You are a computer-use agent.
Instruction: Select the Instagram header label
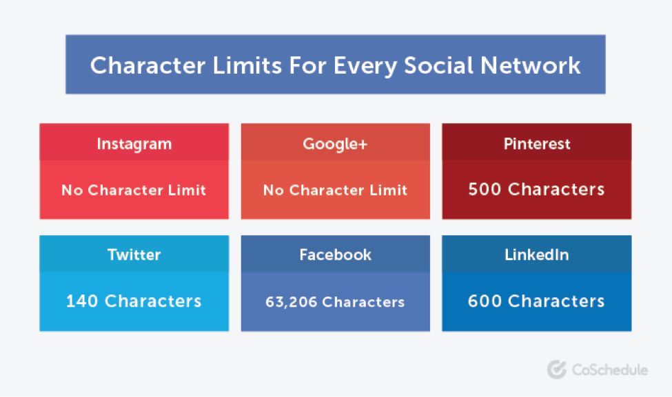tap(134, 144)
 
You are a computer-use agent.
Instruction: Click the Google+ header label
tap(335, 144)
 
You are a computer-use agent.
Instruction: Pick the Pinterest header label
tap(537, 144)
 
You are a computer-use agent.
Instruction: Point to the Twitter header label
tap(134, 255)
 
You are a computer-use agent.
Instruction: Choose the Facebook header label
tap(335, 255)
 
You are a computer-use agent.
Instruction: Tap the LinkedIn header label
tap(537, 255)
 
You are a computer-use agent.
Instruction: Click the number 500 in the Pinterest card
tap(485, 189)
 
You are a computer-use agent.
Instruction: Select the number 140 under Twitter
tap(83, 301)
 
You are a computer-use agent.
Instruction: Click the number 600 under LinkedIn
tap(485, 301)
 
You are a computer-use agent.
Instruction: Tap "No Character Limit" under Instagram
tap(134, 190)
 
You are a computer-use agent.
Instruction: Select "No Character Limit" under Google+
tap(335, 190)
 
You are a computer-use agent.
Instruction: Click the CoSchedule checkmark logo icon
tap(557, 369)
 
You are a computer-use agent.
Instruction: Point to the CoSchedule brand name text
tap(609, 370)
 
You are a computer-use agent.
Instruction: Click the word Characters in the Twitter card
tap(153, 301)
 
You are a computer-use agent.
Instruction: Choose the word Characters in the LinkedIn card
tap(556, 301)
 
